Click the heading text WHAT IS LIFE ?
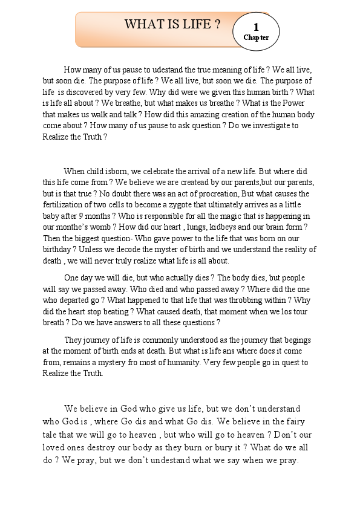point(172,25)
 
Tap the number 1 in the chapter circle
point(256,27)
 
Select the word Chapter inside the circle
point(256,37)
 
